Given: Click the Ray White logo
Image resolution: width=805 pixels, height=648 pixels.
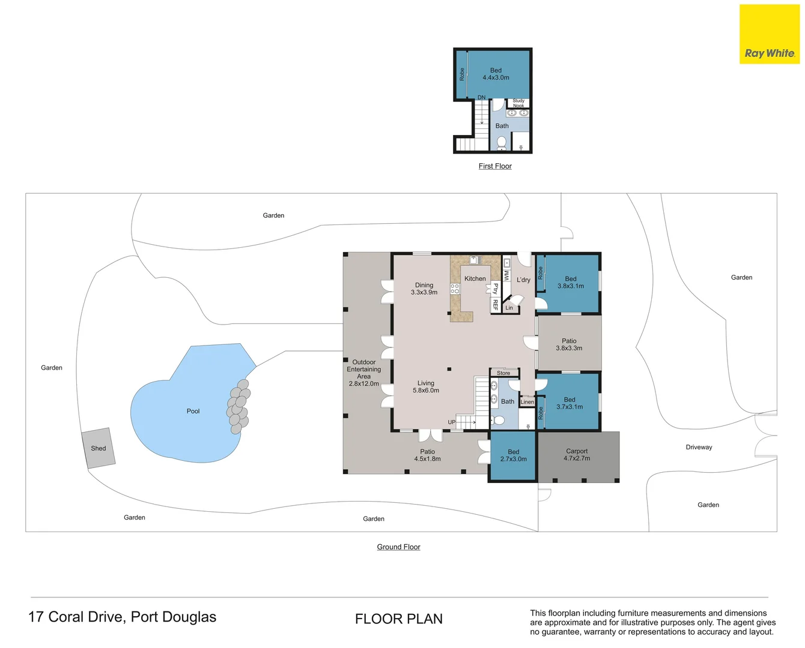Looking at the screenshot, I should click(x=769, y=35).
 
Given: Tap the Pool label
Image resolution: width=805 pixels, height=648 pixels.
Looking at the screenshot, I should click(x=193, y=411).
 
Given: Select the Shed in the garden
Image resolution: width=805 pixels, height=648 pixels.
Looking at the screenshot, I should click(x=99, y=448).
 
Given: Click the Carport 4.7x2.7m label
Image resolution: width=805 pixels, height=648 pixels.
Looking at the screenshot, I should click(x=577, y=455).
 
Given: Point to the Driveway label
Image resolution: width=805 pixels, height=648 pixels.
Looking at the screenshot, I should click(x=699, y=447).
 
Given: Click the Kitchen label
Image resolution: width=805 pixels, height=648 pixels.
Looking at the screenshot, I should click(x=475, y=278).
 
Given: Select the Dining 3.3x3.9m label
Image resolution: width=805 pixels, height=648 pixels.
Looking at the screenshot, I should click(x=424, y=289).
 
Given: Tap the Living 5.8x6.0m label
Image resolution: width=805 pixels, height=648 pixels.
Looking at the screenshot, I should click(x=425, y=386).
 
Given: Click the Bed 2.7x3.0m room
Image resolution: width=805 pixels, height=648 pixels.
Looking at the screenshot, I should click(x=513, y=455).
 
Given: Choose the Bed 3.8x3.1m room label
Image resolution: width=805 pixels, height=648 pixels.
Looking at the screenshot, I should click(x=570, y=282).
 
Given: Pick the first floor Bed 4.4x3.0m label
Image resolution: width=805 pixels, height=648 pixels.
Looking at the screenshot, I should click(x=496, y=74).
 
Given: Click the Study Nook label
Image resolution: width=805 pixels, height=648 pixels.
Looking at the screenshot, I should click(x=518, y=103).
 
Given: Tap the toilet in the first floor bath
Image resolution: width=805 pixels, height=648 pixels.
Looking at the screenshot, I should click(x=502, y=142).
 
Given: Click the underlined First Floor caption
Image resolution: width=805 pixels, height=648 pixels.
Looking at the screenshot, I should click(x=495, y=166).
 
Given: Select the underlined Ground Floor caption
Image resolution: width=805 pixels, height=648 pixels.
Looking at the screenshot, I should click(x=398, y=547).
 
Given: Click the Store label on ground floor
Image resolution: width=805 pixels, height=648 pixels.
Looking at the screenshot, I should click(x=503, y=373).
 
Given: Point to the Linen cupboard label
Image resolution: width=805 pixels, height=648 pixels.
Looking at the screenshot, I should click(x=527, y=402).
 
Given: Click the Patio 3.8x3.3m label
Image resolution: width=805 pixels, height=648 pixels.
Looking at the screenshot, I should click(x=569, y=344).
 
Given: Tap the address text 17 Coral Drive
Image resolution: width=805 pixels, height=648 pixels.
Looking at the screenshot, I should click(x=122, y=617).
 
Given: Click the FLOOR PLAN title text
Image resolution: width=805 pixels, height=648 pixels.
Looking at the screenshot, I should click(x=398, y=619).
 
